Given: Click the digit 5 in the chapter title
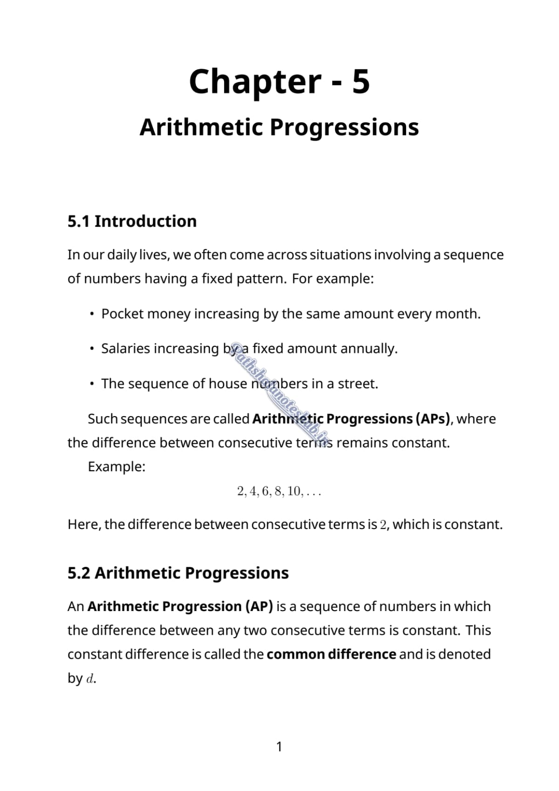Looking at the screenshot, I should click(x=361, y=81).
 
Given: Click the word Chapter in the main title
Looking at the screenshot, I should click(x=255, y=82).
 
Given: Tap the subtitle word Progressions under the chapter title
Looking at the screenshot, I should click(x=344, y=127).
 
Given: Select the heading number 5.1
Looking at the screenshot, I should click(x=78, y=221).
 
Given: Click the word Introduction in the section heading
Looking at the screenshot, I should click(x=145, y=221).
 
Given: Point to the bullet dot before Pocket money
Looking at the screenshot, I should click(x=93, y=314).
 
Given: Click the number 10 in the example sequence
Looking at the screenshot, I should click(x=294, y=491).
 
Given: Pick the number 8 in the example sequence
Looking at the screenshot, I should click(x=278, y=491).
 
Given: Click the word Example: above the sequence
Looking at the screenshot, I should click(x=116, y=467).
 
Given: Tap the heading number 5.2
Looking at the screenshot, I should click(x=78, y=573).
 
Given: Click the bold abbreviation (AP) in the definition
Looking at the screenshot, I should click(x=259, y=606).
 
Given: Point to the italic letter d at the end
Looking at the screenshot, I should click(x=90, y=679).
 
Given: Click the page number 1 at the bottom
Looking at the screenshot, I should click(x=279, y=747).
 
